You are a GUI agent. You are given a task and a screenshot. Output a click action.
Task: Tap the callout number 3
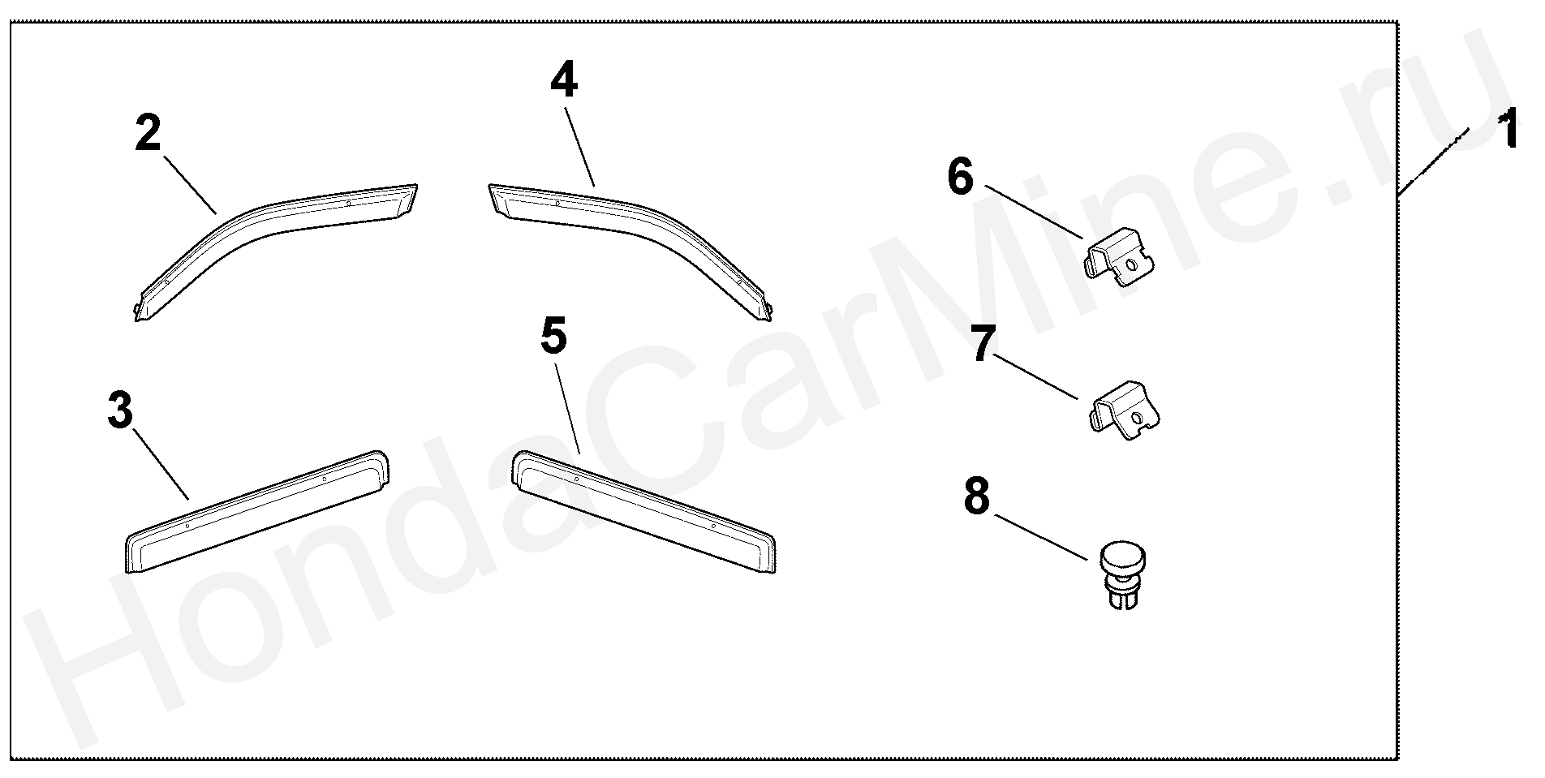click(x=119, y=411)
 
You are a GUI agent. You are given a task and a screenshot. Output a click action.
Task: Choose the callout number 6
click(x=960, y=177)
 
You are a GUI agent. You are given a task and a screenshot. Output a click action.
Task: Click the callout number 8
click(x=977, y=495)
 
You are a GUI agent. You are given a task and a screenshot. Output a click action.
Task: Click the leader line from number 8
click(x=1041, y=535)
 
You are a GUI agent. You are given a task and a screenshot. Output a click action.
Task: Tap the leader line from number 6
click(x=1035, y=212)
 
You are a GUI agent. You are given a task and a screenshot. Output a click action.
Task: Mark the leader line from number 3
click(x=160, y=465)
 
